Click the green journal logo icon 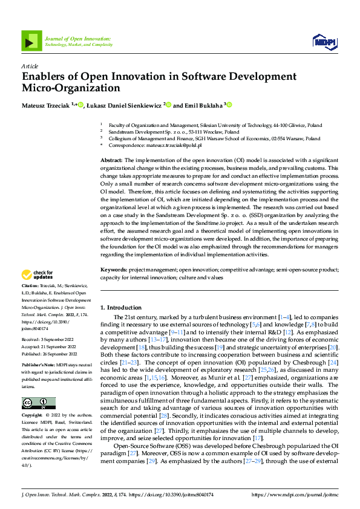[31, 41]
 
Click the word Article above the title [30, 66]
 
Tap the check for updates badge [38, 274]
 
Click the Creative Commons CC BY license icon [38, 403]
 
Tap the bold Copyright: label [32, 415]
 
